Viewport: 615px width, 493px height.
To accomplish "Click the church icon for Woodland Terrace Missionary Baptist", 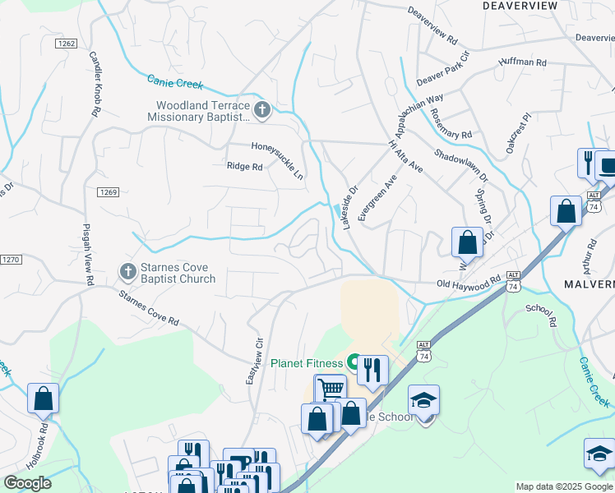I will [x=262, y=109].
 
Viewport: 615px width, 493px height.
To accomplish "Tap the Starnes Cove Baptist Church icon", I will [x=127, y=270].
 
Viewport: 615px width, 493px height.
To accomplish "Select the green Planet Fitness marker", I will [x=354, y=362].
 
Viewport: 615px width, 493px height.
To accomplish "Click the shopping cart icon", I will [x=331, y=388].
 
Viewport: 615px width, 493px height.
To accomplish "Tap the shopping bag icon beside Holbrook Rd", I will [x=43, y=399].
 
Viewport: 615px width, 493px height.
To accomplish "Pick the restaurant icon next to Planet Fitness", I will [x=372, y=370].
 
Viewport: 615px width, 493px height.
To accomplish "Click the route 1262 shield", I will [x=67, y=42].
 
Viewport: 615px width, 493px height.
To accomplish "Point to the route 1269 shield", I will [x=110, y=192].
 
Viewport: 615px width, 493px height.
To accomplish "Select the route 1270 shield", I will [x=9, y=260].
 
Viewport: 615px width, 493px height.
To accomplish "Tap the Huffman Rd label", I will [x=522, y=62].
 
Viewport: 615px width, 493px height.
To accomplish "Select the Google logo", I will [x=27, y=483].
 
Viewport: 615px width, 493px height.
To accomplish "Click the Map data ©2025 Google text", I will [x=564, y=486].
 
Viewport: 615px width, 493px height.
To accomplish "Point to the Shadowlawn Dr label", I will [x=460, y=166].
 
